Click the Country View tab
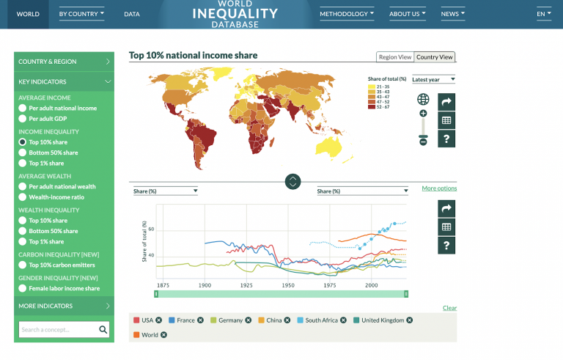pyautogui.click(x=435, y=57)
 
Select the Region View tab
pyautogui.click(x=394, y=57)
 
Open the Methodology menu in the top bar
pyautogui.click(x=347, y=14)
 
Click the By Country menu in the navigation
pyautogui.click(x=81, y=14)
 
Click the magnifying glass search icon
pyautogui.click(x=103, y=330)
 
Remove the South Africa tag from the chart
pyautogui.click(x=345, y=320)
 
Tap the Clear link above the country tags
pyautogui.click(x=449, y=308)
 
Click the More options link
pyautogui.click(x=439, y=188)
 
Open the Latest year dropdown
pyautogui.click(x=433, y=79)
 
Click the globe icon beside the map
pyautogui.click(x=423, y=99)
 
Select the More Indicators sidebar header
pyautogui.click(x=64, y=306)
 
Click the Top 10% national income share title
pyautogui.click(x=193, y=55)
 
